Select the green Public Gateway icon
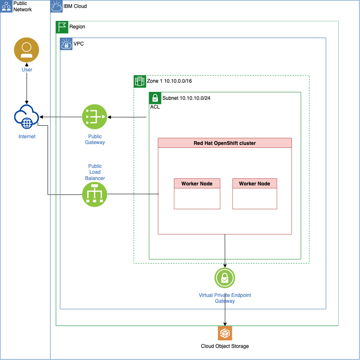point(95,117)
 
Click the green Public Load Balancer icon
point(95,194)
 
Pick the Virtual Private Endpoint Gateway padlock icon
point(225,278)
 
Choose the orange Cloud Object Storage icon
point(225,333)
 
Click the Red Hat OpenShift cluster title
point(225,143)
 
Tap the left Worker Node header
point(197,184)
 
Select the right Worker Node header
point(254,184)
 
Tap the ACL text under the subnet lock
point(155,107)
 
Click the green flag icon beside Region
point(62,27)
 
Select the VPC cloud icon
point(66,44)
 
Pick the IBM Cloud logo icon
point(56,6)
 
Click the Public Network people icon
point(6,6)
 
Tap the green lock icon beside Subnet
point(155,98)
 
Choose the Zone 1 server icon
point(139,81)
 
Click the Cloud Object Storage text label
point(225,346)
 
